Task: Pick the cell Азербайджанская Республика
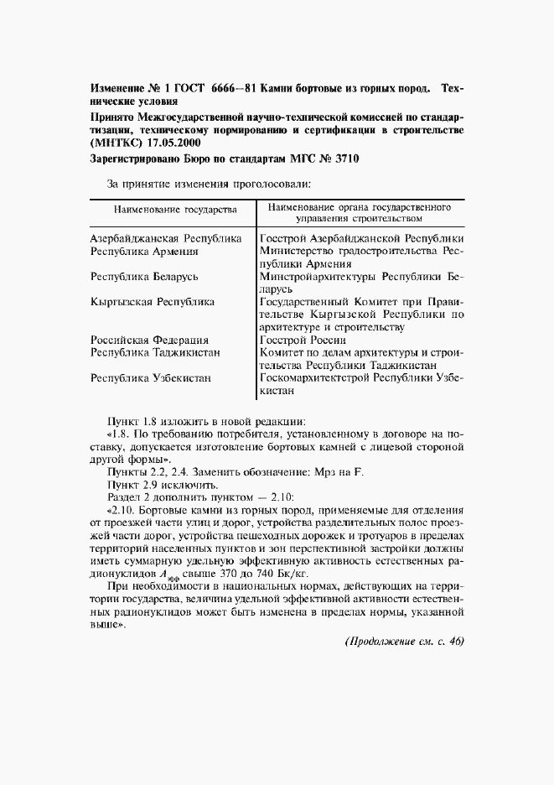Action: (165, 238)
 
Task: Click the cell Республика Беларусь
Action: (146, 276)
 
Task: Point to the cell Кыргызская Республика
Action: (152, 301)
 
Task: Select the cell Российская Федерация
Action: (149, 340)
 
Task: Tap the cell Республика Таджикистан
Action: (155, 352)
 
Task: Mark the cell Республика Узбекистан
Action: (151, 378)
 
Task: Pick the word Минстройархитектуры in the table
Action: (318, 276)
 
